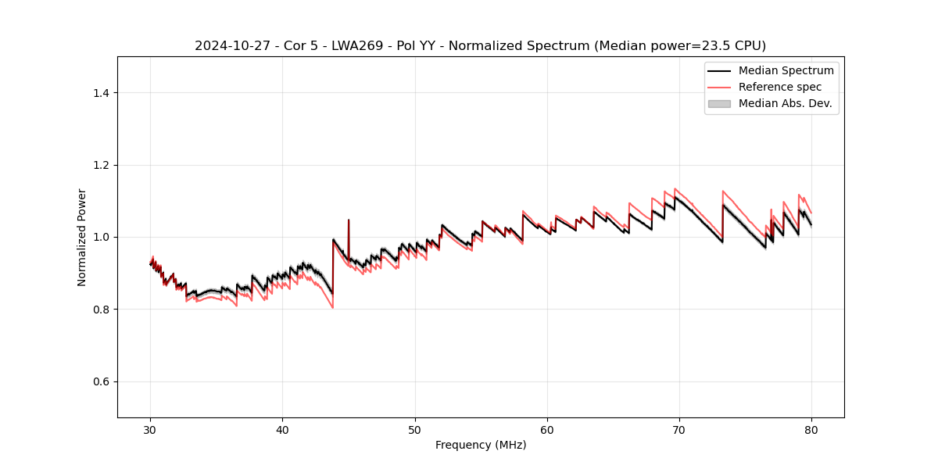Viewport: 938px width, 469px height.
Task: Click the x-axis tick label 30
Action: (151, 430)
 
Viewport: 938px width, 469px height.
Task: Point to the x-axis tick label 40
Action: (283, 430)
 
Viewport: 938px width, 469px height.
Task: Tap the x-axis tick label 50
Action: (415, 430)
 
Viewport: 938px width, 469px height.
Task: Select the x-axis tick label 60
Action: (547, 430)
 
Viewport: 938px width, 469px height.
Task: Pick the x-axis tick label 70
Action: (679, 430)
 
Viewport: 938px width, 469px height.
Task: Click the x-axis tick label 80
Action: (811, 430)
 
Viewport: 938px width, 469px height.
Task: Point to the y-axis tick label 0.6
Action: (101, 381)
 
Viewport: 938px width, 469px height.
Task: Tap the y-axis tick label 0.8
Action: (101, 310)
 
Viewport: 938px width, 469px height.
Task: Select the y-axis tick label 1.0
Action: (101, 237)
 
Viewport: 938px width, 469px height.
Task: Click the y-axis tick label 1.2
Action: (101, 165)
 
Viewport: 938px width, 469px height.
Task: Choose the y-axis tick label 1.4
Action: (101, 93)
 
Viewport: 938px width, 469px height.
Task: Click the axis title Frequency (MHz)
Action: (481, 445)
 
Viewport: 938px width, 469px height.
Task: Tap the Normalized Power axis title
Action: (82, 237)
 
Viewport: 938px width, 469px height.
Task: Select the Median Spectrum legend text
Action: (786, 70)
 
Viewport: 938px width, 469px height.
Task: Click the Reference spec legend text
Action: (780, 87)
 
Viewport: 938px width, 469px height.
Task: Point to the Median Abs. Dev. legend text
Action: (785, 103)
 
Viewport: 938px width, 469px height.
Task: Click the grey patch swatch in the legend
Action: (719, 103)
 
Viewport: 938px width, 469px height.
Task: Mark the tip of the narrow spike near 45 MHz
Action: (349, 220)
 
